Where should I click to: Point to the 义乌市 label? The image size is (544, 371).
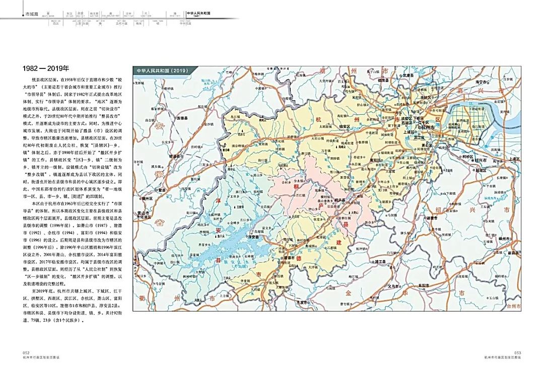394,286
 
